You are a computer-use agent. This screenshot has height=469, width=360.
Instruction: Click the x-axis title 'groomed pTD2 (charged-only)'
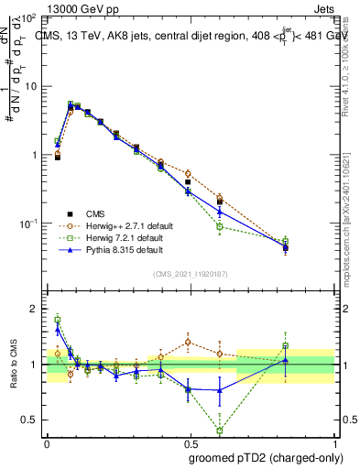pyautogui.click(x=261, y=458)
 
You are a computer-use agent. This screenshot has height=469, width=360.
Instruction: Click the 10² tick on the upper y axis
pyautogui.click(x=30, y=17)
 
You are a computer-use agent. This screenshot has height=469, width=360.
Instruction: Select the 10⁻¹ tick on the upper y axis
pyautogui.click(x=30, y=224)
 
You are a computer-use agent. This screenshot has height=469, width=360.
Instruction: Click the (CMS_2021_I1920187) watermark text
pyautogui.click(x=191, y=274)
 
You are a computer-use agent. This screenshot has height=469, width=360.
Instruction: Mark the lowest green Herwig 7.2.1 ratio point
pyautogui.click(x=220, y=431)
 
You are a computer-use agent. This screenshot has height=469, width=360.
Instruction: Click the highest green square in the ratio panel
pyautogui.click(x=58, y=319)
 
